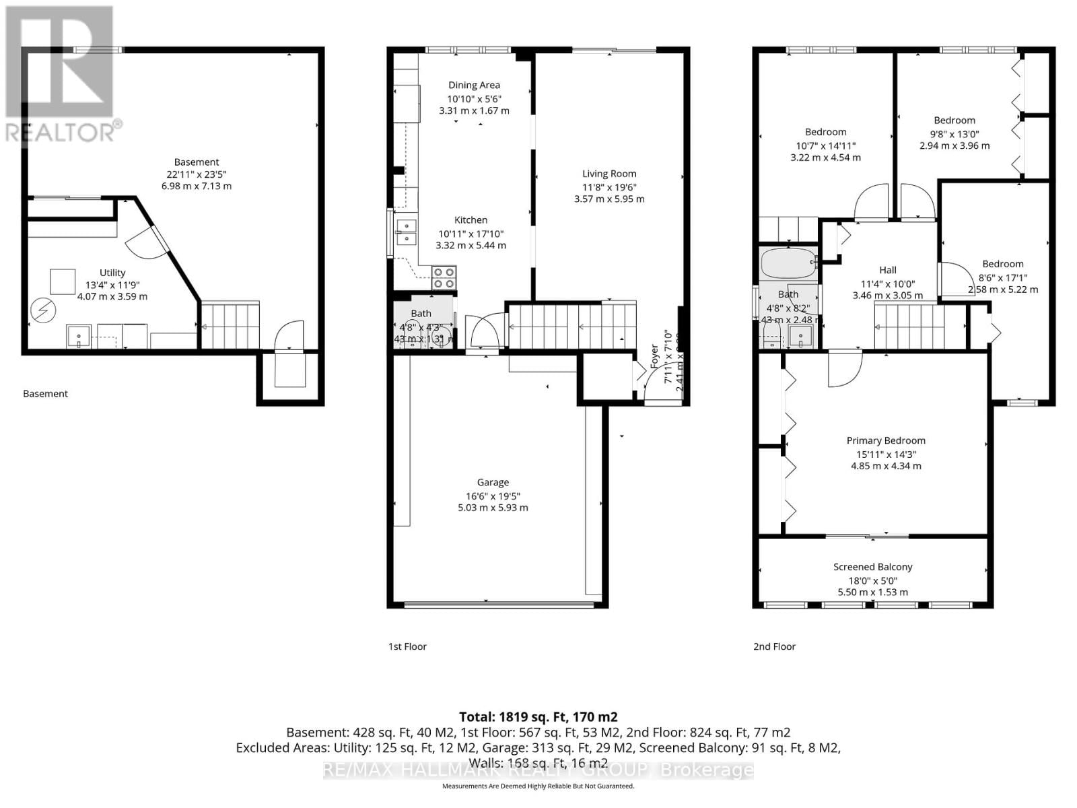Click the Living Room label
click(x=609, y=174)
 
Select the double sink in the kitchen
click(x=406, y=232)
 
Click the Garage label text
click(x=493, y=482)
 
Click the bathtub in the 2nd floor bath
click(x=788, y=265)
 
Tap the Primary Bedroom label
click(x=886, y=440)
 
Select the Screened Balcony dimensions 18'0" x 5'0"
click(x=872, y=580)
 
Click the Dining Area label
click(x=474, y=85)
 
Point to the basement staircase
click(x=231, y=325)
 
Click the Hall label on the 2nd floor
click(x=887, y=270)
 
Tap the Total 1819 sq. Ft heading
click(x=538, y=717)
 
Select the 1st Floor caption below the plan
click(x=407, y=646)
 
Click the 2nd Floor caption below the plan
click(x=774, y=646)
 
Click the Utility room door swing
click(x=145, y=242)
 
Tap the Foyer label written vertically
click(x=654, y=355)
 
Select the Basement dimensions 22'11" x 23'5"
click(x=197, y=174)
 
